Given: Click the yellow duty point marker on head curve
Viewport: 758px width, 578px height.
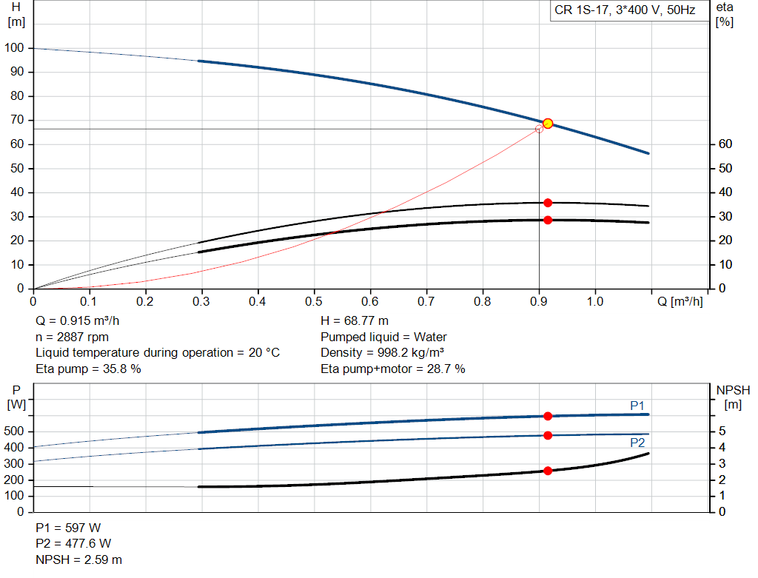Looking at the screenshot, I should coord(548,124).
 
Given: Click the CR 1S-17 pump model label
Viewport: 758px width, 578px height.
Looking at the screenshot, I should coord(625,12).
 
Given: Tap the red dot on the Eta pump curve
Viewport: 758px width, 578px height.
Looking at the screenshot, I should coord(548,203).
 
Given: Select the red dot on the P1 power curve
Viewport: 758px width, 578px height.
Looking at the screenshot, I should coord(548,416).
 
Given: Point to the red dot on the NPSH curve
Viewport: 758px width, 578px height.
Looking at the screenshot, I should coord(548,471).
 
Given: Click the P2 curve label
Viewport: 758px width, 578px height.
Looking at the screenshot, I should coord(637,443).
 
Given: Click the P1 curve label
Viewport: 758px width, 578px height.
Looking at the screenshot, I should coord(637,405).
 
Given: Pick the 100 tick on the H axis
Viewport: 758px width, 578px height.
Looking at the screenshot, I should coord(15,48).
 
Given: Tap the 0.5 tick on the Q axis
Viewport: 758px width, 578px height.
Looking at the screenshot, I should coord(314,301).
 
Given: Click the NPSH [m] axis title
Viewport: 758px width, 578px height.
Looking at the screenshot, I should coord(733,397).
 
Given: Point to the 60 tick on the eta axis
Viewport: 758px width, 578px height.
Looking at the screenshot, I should coord(725,144).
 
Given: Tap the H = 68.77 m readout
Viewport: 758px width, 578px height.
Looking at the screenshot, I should coord(355,321).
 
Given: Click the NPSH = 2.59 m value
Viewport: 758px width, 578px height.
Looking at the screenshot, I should coord(79,559).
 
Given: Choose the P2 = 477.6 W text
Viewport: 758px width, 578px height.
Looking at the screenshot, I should coord(73,544).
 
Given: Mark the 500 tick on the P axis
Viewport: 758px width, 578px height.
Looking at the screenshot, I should coord(15,431).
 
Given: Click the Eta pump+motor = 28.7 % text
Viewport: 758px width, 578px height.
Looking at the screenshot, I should coord(392,369).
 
